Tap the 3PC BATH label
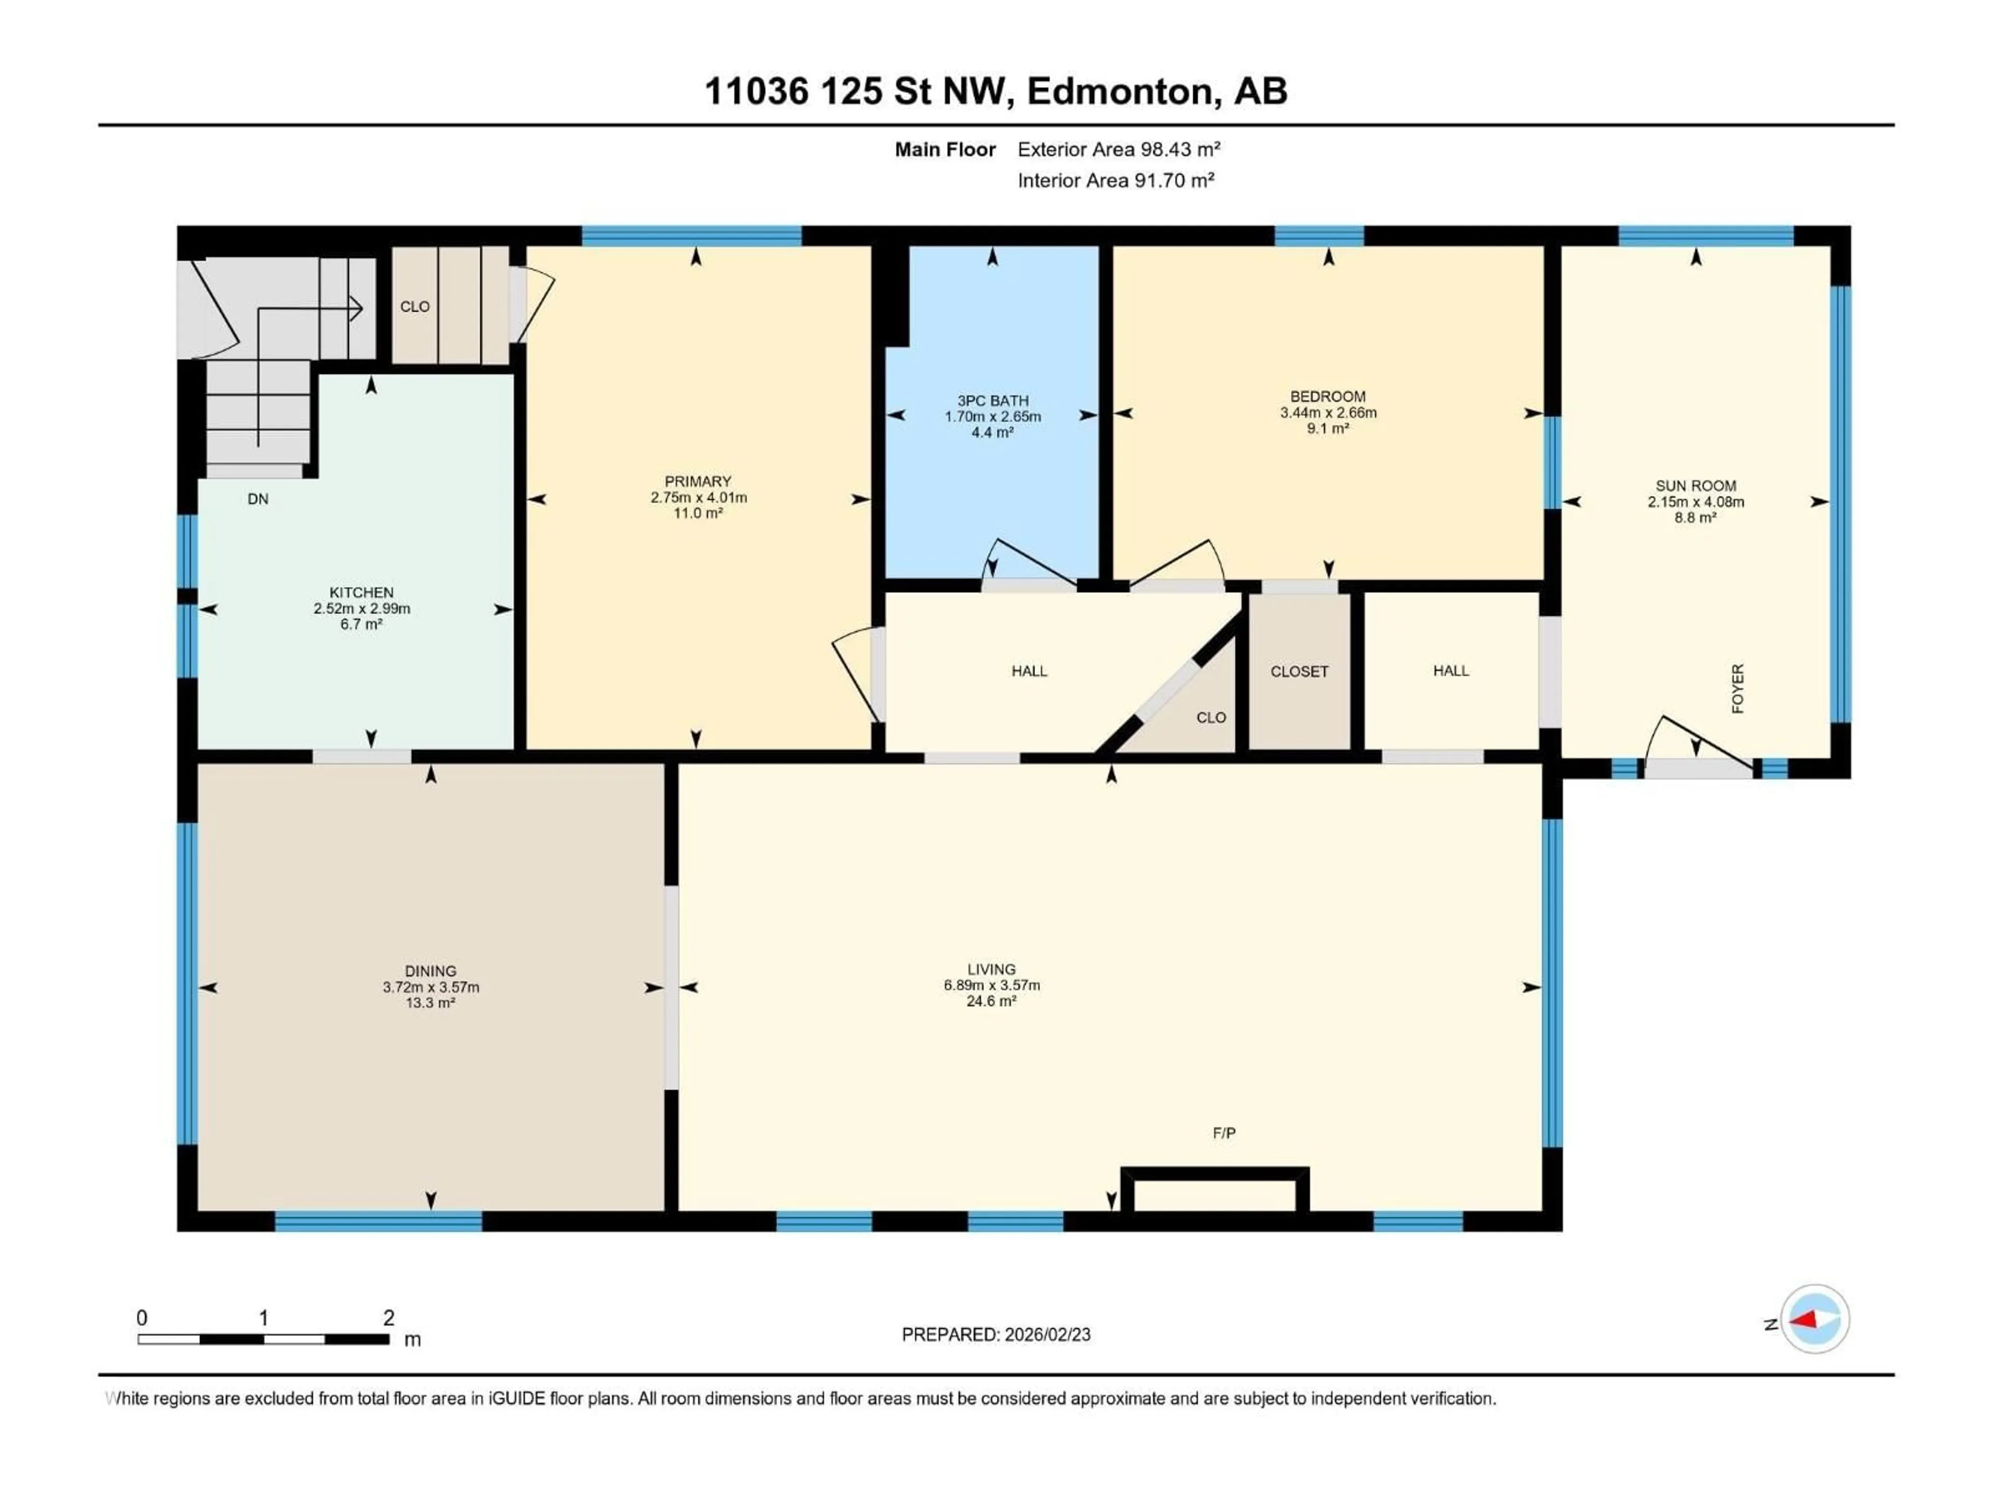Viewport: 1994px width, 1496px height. pyautogui.click(x=992, y=400)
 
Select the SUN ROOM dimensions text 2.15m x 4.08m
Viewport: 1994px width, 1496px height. pyautogui.click(x=1695, y=501)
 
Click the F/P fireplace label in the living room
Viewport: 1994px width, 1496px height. pyautogui.click(x=1223, y=1132)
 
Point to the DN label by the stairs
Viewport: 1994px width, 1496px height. pyautogui.click(x=258, y=499)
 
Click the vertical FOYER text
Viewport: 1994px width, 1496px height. pyautogui.click(x=1737, y=689)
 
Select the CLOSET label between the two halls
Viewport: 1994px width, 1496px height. pyautogui.click(x=1299, y=671)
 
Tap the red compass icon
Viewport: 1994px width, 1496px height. pyautogui.click(x=1815, y=1320)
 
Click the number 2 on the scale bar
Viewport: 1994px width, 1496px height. pyautogui.click(x=388, y=1317)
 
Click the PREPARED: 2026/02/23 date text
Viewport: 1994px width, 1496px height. pyautogui.click(x=995, y=1334)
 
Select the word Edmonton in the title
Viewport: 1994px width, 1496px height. pyautogui.click(x=1120, y=91)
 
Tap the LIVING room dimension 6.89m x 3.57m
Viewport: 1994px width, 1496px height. pyautogui.click(x=992, y=985)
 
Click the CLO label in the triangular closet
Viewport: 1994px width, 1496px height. pyautogui.click(x=1210, y=718)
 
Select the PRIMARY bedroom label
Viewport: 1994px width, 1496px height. pyautogui.click(x=698, y=482)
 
